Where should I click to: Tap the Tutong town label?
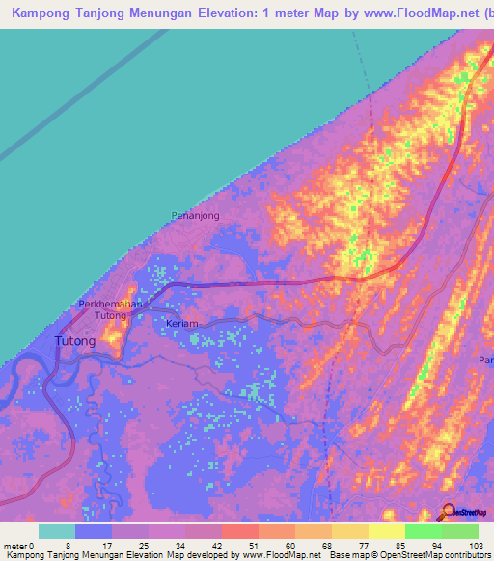pos(75,341)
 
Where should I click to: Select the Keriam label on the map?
pos(181,324)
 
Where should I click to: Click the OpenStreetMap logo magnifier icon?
pos(449,512)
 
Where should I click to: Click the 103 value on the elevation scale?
pos(477,546)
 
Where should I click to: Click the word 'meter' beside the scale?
pos(16,546)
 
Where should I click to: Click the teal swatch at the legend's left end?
pos(57,531)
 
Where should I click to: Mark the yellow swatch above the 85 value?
pos(387,531)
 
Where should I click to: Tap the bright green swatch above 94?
pos(424,531)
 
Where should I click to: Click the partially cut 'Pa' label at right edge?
pos(485,360)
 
